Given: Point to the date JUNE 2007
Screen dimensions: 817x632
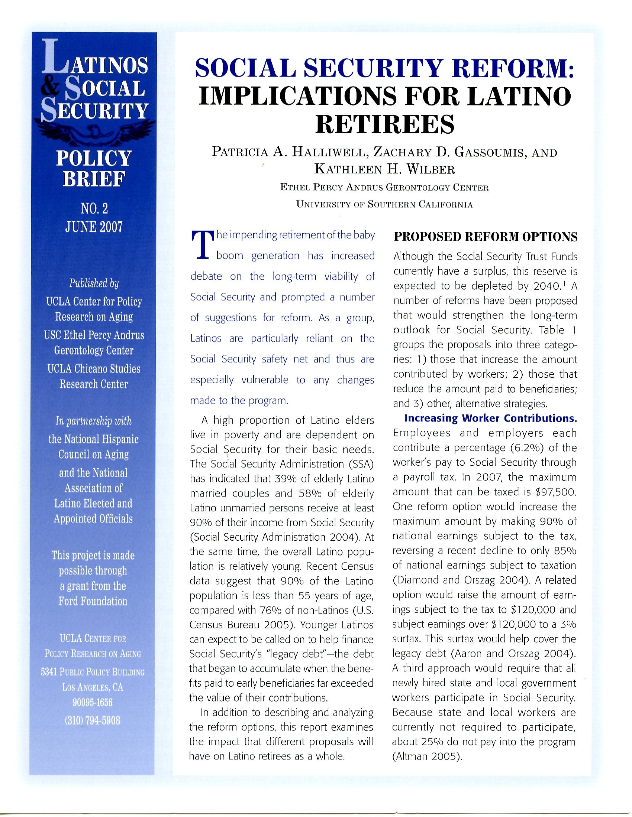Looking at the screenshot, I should (94, 227).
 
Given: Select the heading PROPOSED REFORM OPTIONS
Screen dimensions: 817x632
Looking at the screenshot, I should (485, 237).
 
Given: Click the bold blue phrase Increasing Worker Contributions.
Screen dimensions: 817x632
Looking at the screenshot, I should (490, 418).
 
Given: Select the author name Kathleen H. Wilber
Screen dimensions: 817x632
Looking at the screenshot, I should (384, 170).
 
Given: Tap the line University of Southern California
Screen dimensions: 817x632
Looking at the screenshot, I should (384, 205).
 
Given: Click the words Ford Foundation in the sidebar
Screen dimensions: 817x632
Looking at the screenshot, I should (93, 601).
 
